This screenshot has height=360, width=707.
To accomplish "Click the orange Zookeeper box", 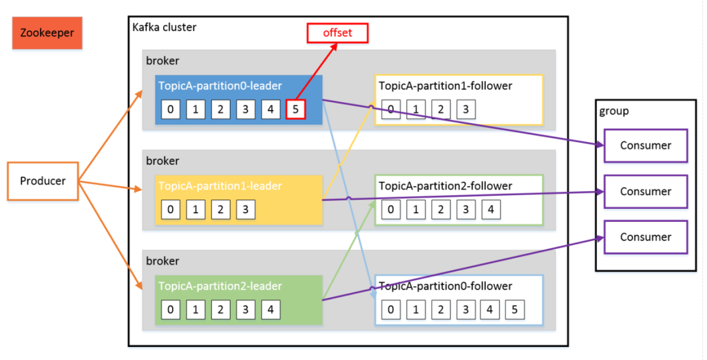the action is [x=47, y=33].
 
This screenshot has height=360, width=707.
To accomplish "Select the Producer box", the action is [x=43, y=181].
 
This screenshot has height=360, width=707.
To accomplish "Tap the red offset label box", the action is [x=337, y=33].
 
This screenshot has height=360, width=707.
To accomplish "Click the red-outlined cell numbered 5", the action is [x=295, y=109].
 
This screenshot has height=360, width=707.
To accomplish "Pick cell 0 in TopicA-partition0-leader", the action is [x=170, y=109].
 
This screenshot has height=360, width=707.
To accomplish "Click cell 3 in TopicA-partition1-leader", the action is [x=245, y=209].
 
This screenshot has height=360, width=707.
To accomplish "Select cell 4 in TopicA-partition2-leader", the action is [x=270, y=310].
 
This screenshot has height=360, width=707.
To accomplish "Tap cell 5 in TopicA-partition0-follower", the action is [x=515, y=310].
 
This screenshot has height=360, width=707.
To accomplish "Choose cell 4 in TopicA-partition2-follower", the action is [x=491, y=209].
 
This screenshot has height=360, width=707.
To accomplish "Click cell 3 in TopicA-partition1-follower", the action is [x=466, y=109].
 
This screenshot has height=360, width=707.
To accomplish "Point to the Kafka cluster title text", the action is [x=164, y=27].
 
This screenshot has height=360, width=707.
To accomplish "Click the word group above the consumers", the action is [x=613, y=111].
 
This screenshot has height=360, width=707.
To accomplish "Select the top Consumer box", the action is [x=645, y=145].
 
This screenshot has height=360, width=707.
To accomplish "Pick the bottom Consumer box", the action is [x=645, y=237].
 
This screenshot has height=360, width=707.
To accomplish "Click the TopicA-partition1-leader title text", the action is [x=220, y=186].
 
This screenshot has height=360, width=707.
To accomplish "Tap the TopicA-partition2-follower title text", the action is [x=446, y=186].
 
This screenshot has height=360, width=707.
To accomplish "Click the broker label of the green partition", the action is [x=162, y=261].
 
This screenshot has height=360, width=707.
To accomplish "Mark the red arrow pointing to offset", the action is [x=317, y=71].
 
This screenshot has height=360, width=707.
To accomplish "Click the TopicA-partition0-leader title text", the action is [x=220, y=86].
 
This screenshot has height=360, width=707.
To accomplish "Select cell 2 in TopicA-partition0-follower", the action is [x=441, y=310].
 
